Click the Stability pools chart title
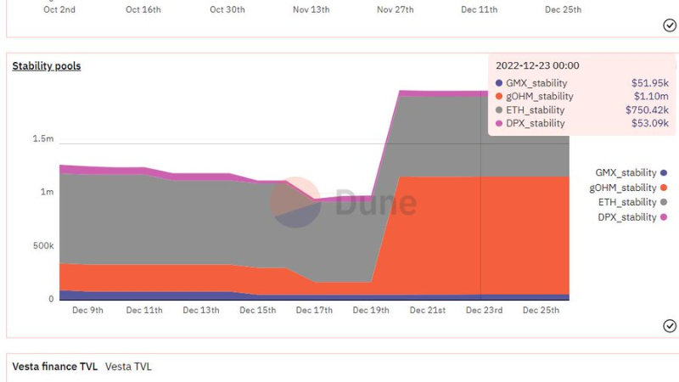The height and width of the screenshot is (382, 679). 47,66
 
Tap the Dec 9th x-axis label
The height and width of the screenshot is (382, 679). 87,310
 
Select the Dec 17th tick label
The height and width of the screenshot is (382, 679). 314,310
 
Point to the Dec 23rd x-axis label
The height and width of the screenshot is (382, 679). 484,310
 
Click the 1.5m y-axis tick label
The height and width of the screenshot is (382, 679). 43,138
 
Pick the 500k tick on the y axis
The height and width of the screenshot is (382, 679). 43,245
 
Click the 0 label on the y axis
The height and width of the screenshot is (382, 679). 51,299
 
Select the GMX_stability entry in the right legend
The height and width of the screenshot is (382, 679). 631,172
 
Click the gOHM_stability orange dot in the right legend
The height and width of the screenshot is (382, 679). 664,188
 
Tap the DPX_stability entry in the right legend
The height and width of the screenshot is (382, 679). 632,217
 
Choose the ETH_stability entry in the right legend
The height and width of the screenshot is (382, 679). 632,202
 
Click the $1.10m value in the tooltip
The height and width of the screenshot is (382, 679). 651,96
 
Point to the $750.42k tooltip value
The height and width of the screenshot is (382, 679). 647,110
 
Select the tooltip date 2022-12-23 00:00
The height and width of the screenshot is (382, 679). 537,65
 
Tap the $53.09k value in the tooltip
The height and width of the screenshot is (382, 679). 649,123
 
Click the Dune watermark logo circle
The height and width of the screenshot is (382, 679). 295,202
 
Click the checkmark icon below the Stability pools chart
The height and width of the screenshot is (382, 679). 670,326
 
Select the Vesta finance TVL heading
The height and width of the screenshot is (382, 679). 54,367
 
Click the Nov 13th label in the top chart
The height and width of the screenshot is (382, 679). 311,9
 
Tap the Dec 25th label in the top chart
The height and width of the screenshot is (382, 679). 563,9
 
